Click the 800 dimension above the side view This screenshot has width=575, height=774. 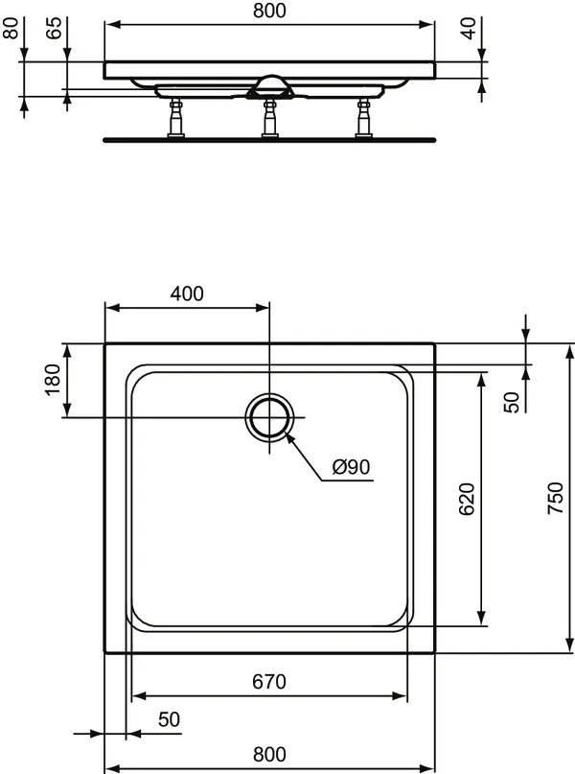coord(269,12)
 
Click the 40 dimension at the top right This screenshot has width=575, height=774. coord(469,27)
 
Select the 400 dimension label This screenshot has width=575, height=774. coord(187,294)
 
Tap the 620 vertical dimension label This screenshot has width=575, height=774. coord(467,500)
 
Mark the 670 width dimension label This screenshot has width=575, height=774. coord(269,682)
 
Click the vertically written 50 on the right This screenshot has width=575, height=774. coord(512,402)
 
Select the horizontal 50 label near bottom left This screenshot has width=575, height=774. coord(169,718)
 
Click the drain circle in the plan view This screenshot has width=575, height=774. coord(270,418)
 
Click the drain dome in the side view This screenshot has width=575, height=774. coord(270,84)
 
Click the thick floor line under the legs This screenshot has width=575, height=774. coord(269,140)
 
